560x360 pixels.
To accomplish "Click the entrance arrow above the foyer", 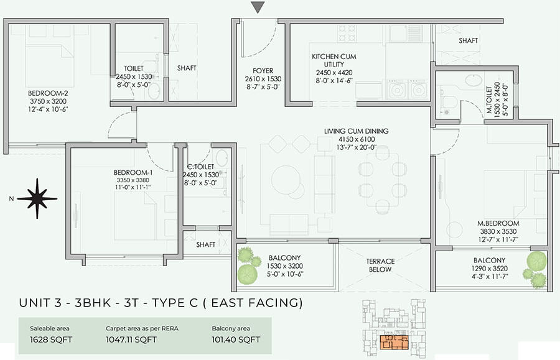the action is click(258, 7).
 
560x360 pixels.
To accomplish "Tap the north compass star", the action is click(37, 199).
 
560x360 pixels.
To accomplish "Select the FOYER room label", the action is click(263, 71).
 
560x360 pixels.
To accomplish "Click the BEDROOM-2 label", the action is click(48, 93).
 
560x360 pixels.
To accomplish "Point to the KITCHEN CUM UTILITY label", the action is click(334, 60).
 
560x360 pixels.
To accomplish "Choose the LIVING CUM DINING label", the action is click(356, 131).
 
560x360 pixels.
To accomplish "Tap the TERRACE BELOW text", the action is click(380, 265).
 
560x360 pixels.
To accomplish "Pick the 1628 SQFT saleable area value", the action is click(51, 339).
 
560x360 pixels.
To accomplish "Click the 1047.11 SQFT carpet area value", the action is click(131, 339).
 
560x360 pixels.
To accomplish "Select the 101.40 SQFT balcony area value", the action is click(236, 339).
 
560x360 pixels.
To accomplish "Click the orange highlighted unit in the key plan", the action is click(394, 342).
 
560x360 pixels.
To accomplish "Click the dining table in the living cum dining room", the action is click(383, 180).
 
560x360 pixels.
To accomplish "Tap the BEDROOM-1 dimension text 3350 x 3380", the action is click(133, 180).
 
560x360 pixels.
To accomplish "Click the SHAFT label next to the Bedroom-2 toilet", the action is click(187, 68).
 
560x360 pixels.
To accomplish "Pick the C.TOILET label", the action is click(201, 167).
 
